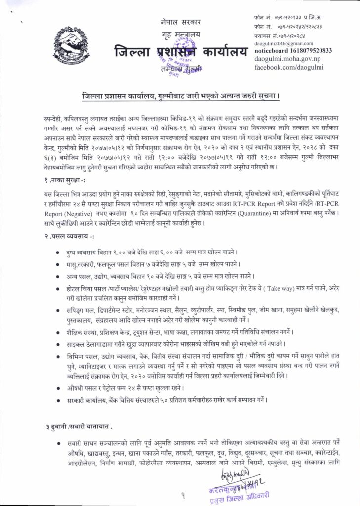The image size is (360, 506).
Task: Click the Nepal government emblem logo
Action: click(x=68, y=45)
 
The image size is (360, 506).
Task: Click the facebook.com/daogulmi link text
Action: click(x=287, y=66)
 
